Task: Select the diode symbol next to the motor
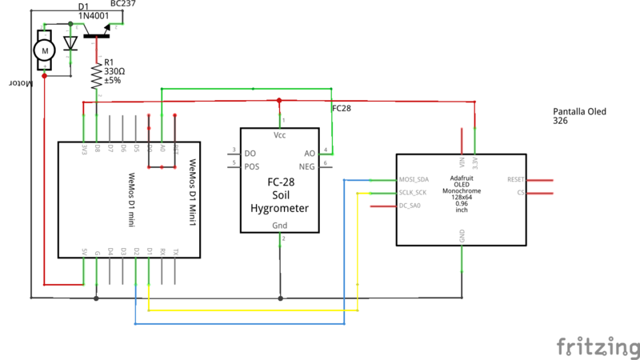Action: [x=70, y=42]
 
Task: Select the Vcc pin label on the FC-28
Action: [x=279, y=135]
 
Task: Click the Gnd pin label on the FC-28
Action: [x=279, y=226]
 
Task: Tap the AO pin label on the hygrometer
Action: [x=310, y=153]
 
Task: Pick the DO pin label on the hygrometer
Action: [x=250, y=153]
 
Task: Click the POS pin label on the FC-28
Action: [x=252, y=166]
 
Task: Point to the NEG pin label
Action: [x=307, y=166]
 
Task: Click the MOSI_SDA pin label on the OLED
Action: [x=413, y=180]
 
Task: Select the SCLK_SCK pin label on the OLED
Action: [x=413, y=193]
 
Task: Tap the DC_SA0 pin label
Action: [x=410, y=206]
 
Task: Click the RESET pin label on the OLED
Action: [x=515, y=180]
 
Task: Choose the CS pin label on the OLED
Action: [x=520, y=193]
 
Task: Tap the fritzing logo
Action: [x=596, y=346]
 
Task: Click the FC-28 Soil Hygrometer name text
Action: [x=278, y=194]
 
